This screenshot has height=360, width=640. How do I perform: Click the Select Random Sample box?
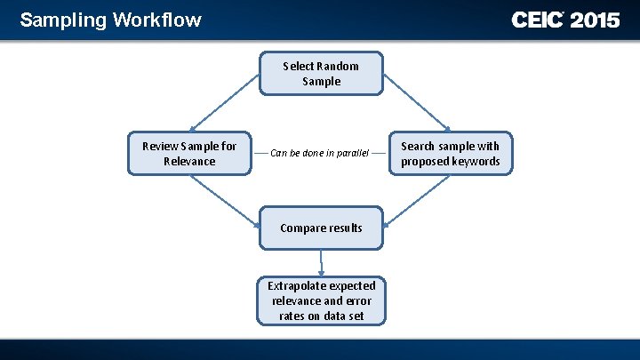click(x=321, y=74)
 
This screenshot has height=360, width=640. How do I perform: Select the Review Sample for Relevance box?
click(x=189, y=153)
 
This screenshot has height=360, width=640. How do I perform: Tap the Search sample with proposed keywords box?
click(x=450, y=153)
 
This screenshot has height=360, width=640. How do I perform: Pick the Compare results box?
click(x=321, y=228)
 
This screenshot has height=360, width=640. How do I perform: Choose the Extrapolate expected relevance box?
click(x=321, y=300)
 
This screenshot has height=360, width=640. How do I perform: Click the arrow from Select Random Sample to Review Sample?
click(x=223, y=98)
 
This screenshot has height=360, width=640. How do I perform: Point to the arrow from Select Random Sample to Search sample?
click(x=418, y=98)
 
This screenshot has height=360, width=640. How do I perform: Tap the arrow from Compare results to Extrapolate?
click(x=321, y=262)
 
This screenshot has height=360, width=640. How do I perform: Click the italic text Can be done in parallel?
click(x=319, y=153)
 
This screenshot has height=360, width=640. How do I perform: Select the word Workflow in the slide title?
click(x=157, y=20)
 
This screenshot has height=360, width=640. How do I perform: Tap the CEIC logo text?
click(x=537, y=20)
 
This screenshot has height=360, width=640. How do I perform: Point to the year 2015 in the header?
click(x=595, y=20)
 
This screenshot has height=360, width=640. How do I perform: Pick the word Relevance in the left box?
click(x=189, y=161)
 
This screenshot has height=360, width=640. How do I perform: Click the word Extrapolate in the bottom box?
click(x=297, y=285)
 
